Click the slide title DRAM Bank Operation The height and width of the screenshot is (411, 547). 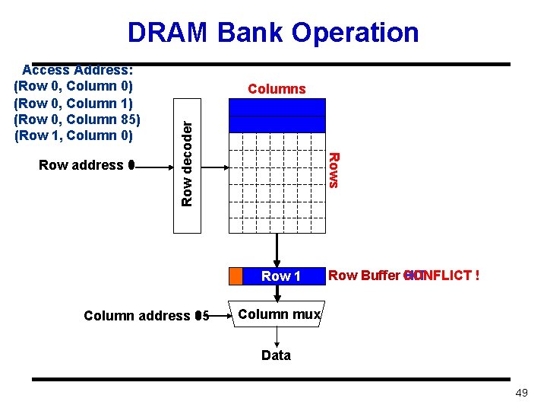[x=273, y=33]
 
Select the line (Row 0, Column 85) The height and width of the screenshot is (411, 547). [x=77, y=119]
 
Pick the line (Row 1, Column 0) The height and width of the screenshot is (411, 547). [x=74, y=136]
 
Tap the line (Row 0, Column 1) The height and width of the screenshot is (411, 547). [x=74, y=104]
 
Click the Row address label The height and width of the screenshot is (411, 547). [x=81, y=165]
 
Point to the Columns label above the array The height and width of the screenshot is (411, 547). [x=277, y=89]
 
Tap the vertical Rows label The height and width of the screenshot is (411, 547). [x=333, y=169]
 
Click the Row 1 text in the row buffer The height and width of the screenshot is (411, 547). [x=281, y=276]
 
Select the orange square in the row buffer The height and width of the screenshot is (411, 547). [x=236, y=276]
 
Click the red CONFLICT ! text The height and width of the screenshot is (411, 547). [x=444, y=276]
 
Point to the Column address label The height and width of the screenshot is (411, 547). [x=137, y=316]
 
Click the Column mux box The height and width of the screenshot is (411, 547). [x=280, y=314]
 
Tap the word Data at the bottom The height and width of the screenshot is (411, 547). [x=276, y=355]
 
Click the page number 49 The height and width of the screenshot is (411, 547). [x=521, y=393]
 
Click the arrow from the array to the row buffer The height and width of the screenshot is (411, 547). [x=277, y=249]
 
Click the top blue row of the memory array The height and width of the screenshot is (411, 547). [x=277, y=107]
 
